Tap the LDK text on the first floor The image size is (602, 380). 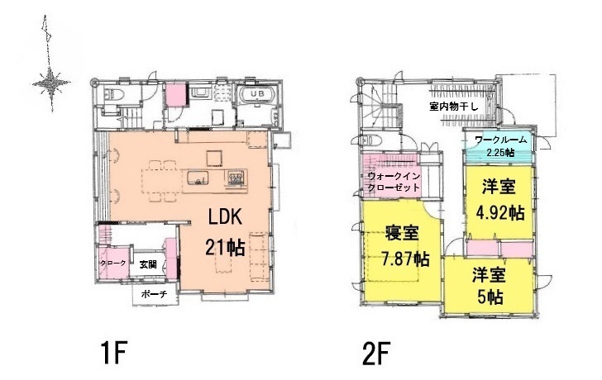click(225, 217)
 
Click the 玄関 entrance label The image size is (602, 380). click(148, 264)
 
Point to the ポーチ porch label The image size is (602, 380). click(154, 294)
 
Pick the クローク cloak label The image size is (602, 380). click(112, 264)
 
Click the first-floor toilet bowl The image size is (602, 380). click(113, 93)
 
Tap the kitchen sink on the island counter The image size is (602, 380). click(198, 178)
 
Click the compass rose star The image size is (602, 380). click(51, 83)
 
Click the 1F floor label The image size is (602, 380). click(113, 354)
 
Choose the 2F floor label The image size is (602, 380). click(376, 354)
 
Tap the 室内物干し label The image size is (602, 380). click(453, 107)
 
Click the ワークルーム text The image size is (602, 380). click(500, 140)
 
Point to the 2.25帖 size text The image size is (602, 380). click(500, 152)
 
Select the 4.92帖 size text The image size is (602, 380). click(500, 212)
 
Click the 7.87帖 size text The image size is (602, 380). click(405, 259)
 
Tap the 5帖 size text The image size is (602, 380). click(490, 296)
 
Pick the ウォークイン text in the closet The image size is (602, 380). click(394, 176)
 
